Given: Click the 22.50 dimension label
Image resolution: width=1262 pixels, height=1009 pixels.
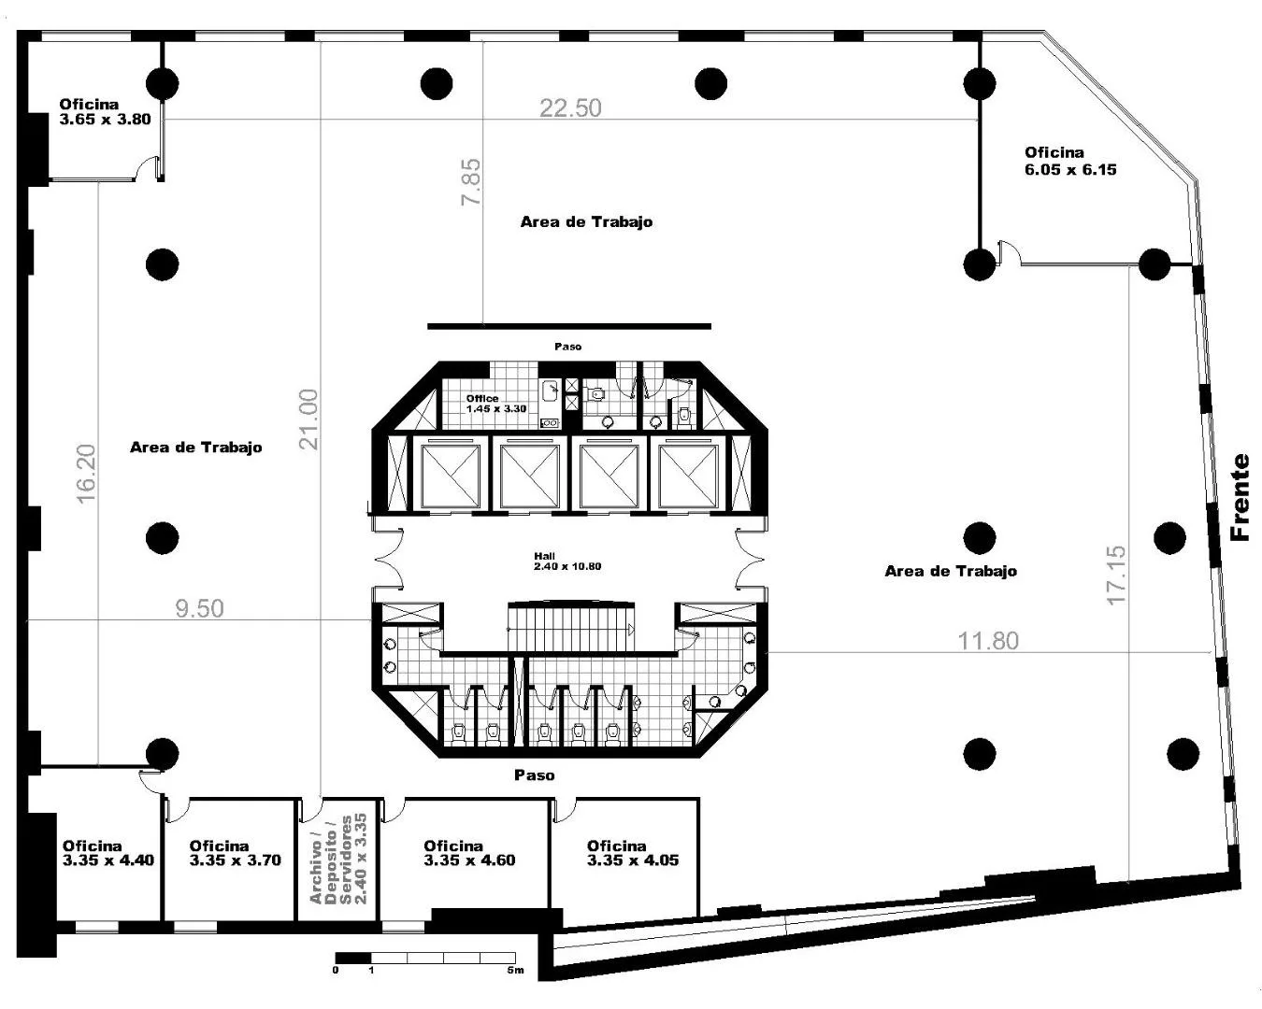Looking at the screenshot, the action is click(570, 108).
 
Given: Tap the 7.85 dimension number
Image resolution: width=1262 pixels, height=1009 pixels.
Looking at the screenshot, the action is click(471, 182).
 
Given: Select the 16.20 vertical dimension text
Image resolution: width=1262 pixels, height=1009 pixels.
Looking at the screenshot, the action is click(86, 474).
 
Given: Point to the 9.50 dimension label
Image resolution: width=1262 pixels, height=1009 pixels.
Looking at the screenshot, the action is click(199, 608).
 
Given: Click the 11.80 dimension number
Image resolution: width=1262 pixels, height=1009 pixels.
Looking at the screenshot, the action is click(988, 641).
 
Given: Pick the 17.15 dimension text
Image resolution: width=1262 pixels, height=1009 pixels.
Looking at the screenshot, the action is click(1116, 576).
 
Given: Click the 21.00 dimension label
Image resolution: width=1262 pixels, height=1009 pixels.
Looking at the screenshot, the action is click(308, 419).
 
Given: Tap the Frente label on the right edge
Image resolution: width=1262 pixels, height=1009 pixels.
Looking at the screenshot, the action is click(1240, 497).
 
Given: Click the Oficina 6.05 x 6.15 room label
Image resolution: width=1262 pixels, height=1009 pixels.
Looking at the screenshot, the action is click(1070, 162).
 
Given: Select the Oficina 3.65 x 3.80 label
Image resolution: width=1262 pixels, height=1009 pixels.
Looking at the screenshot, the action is click(105, 112).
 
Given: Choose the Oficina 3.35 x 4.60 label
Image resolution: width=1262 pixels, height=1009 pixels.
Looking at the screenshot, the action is click(469, 853).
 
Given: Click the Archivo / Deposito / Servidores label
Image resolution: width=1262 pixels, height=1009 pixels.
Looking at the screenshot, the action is click(338, 859).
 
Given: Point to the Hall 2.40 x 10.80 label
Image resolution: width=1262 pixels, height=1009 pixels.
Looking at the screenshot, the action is click(567, 561).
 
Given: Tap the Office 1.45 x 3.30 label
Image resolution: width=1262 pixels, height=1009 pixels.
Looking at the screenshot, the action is click(496, 404).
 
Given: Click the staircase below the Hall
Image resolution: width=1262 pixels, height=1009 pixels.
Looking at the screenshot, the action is click(570, 626).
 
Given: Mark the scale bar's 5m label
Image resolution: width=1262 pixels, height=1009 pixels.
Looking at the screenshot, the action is click(515, 970).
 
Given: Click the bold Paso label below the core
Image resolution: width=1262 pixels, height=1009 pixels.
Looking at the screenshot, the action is click(534, 775).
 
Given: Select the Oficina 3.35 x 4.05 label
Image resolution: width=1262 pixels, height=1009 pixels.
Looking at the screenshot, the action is click(632, 853).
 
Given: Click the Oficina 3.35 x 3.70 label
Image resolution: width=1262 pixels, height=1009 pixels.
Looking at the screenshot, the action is click(236, 853).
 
